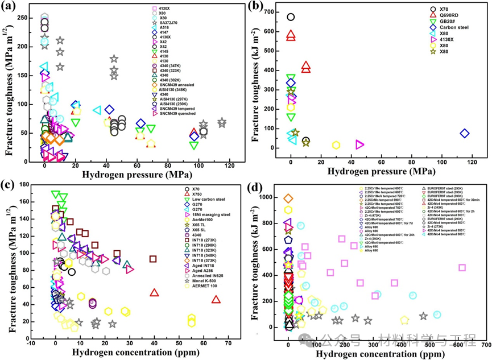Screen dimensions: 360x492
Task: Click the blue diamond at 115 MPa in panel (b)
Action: point(465,134)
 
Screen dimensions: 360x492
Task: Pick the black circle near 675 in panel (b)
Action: point(291,17)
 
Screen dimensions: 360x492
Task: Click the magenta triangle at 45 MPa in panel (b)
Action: point(359,145)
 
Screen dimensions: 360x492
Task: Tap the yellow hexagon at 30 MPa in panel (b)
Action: point(336,145)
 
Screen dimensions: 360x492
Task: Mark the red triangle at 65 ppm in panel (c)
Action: point(216,300)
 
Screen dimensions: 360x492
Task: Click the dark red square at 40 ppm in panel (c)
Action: point(153,259)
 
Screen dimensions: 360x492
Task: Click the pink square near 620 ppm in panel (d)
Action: point(462,267)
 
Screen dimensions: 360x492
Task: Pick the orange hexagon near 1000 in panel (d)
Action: point(288,198)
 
